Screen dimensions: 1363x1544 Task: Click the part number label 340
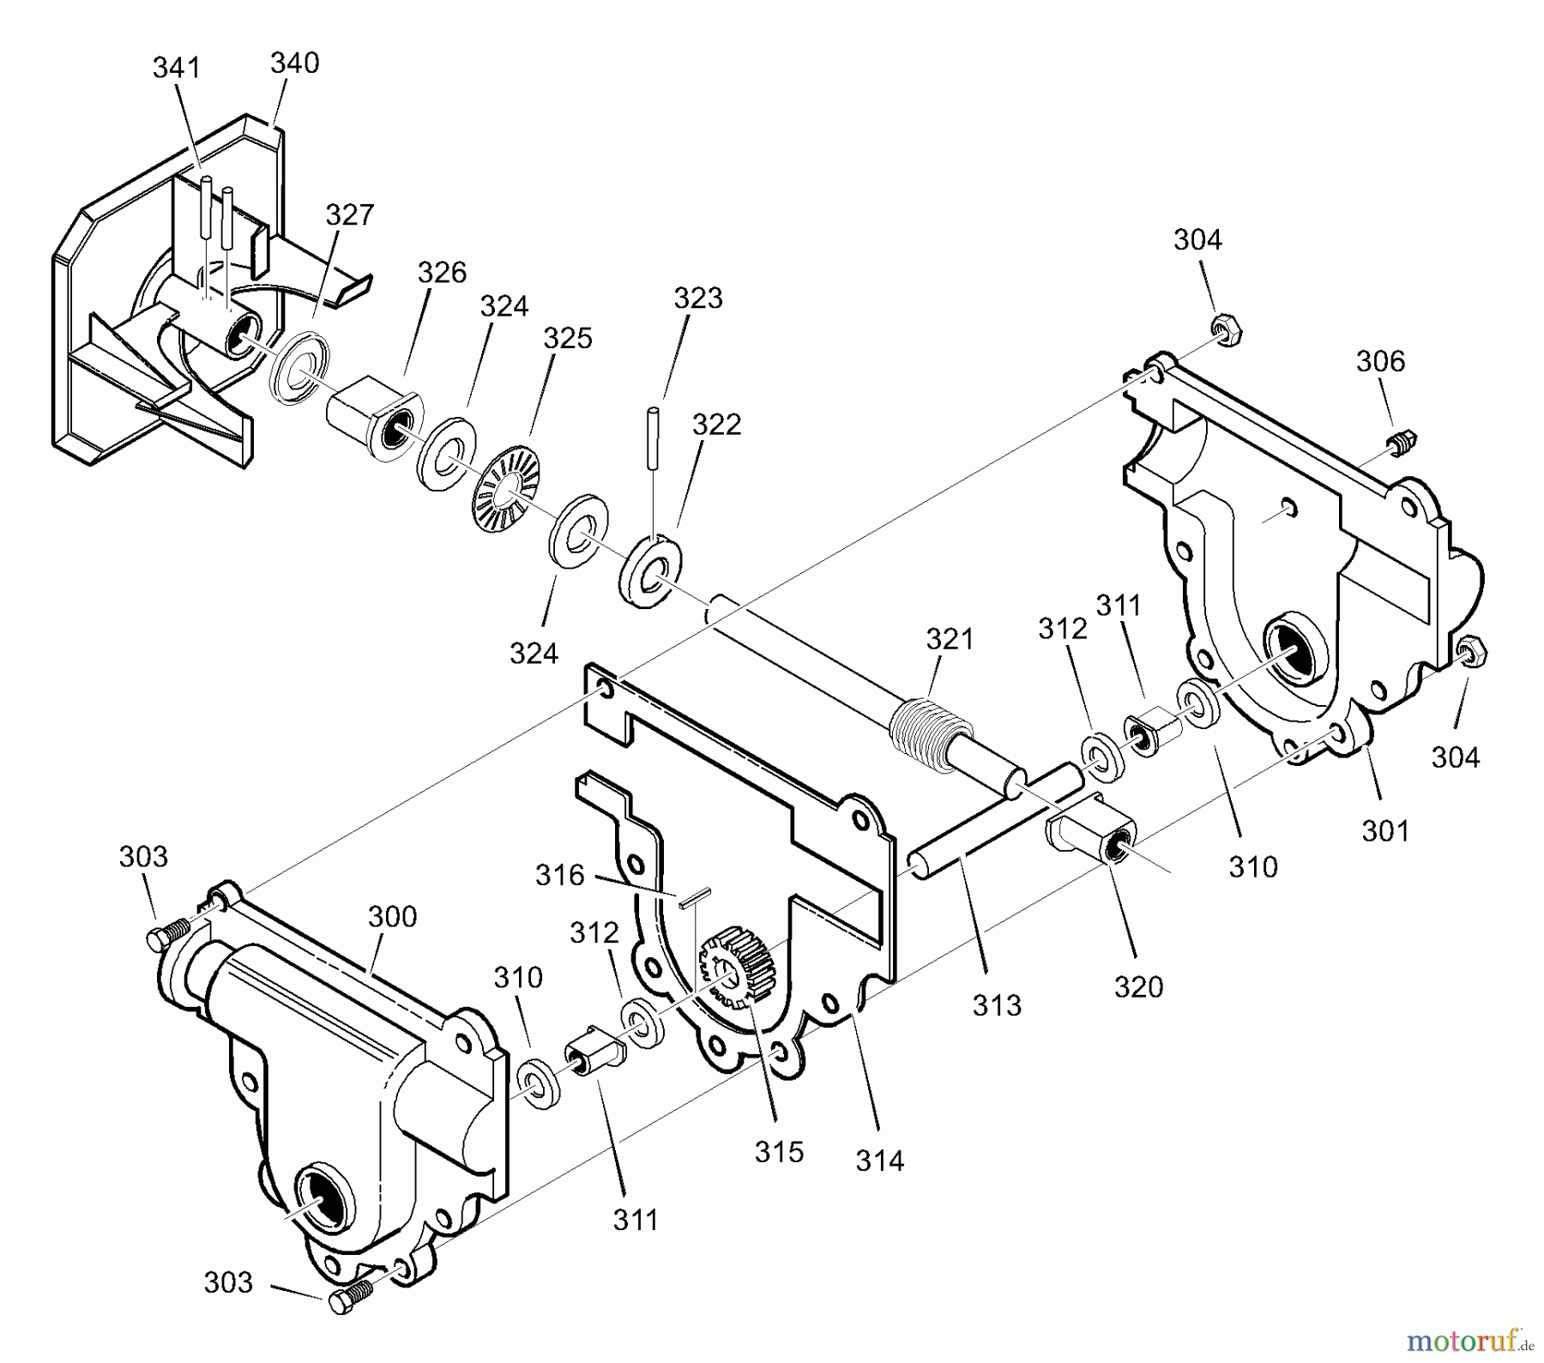294,63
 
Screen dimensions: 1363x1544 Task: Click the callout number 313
997,1004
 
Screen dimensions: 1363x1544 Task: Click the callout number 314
880,1161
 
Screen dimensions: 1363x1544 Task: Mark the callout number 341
176,68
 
